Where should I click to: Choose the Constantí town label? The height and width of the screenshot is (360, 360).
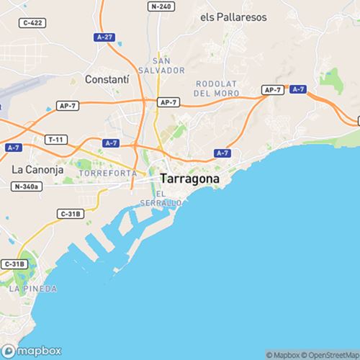pos(106,78)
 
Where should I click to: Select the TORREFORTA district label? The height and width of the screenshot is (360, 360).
pos(109,174)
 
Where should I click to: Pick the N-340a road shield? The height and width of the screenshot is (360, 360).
pos(27,187)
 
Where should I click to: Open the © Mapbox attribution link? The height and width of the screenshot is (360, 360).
pos(284,354)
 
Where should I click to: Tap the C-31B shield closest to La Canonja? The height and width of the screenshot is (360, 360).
pos(71,214)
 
